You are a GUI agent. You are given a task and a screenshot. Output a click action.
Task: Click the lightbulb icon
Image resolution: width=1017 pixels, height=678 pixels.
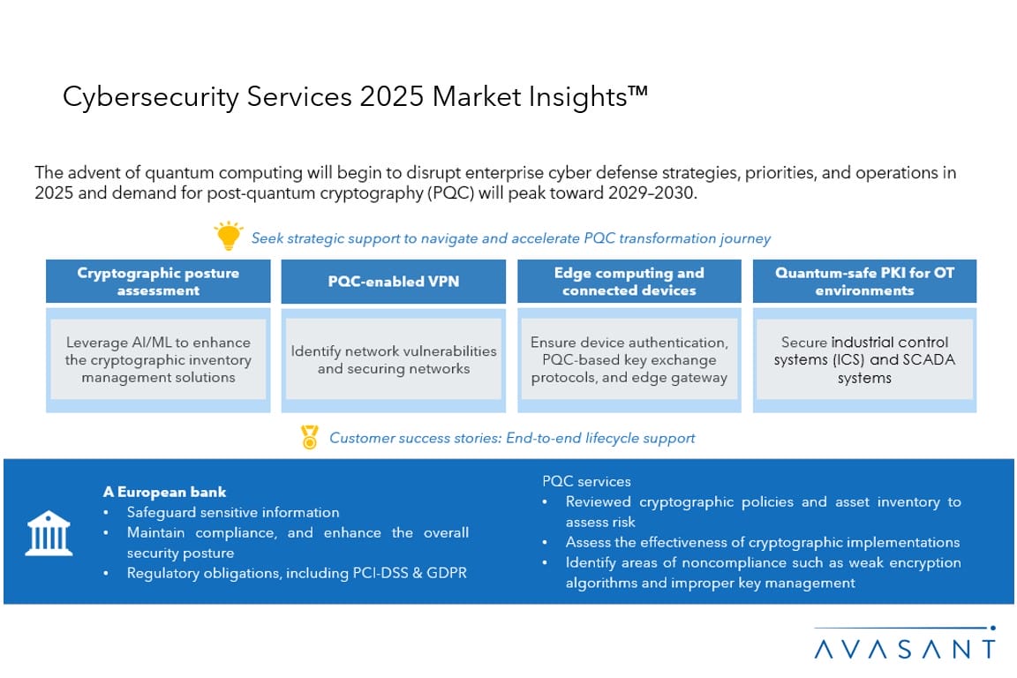coord(229,236)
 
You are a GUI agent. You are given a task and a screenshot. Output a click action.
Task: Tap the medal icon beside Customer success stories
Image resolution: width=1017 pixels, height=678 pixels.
coord(310,437)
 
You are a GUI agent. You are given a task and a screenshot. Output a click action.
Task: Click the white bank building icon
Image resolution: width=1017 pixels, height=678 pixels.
coord(49,533)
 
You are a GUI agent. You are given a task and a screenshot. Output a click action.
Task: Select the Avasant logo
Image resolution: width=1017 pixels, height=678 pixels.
coord(905,643)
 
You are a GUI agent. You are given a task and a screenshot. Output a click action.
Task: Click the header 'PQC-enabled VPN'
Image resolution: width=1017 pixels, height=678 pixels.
coord(393,282)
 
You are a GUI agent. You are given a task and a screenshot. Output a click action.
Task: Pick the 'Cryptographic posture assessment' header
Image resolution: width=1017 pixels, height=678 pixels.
coord(158,282)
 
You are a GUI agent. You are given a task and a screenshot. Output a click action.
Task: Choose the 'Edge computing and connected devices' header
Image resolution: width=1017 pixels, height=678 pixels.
coord(629,282)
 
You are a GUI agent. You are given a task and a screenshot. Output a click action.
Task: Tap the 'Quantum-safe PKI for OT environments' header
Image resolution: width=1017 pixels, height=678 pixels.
coord(864,282)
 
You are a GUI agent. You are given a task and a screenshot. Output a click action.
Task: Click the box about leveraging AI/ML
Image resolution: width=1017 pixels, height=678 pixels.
coord(158,359)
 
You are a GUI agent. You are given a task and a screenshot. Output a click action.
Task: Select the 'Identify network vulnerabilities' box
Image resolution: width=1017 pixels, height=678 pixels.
coord(393,359)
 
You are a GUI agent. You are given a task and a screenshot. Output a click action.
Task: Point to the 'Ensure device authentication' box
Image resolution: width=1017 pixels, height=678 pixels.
coord(629,359)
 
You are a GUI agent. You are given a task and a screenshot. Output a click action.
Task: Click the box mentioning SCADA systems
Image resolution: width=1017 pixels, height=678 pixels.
coord(864,359)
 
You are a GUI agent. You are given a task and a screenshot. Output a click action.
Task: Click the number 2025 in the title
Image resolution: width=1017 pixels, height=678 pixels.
coord(392,97)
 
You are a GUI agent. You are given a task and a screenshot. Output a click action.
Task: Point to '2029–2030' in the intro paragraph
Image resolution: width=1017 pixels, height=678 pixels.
coord(652,192)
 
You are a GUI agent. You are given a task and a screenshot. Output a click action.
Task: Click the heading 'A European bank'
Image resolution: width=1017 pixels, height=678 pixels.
coord(165,492)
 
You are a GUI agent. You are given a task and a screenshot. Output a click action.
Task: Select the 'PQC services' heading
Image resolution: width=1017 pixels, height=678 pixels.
coord(586,481)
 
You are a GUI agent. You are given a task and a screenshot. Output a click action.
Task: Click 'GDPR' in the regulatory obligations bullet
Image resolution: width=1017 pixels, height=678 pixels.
coord(446,573)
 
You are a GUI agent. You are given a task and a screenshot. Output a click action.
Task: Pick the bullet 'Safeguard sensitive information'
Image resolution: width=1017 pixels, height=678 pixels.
coord(233,512)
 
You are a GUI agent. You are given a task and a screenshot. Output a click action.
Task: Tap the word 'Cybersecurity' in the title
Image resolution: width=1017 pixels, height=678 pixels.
coord(150,98)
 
